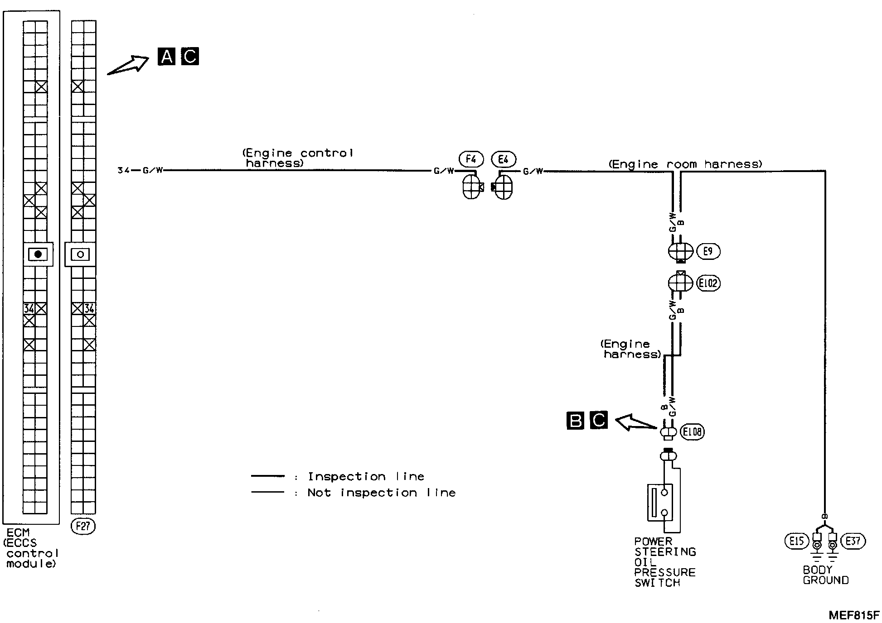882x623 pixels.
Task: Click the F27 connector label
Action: (83, 527)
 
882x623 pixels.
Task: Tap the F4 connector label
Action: (471, 159)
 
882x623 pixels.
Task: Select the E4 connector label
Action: (503, 159)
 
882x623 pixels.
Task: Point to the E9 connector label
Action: (708, 251)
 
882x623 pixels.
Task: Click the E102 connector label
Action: (708, 283)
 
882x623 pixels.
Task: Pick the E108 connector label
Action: (692, 432)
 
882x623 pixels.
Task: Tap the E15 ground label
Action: (796, 541)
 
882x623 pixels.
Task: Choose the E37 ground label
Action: (853, 541)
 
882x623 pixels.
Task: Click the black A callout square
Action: (167, 57)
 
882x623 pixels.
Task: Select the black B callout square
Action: (576, 421)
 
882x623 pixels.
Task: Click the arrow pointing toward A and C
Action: (128, 65)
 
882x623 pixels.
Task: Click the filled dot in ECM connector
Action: (38, 254)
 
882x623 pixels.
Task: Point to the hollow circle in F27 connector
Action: (81, 254)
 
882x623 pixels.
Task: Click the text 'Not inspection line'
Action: (381, 493)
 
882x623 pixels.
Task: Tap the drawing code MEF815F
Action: (853, 615)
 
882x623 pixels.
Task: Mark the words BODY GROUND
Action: (825, 575)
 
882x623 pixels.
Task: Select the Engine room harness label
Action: (685, 164)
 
